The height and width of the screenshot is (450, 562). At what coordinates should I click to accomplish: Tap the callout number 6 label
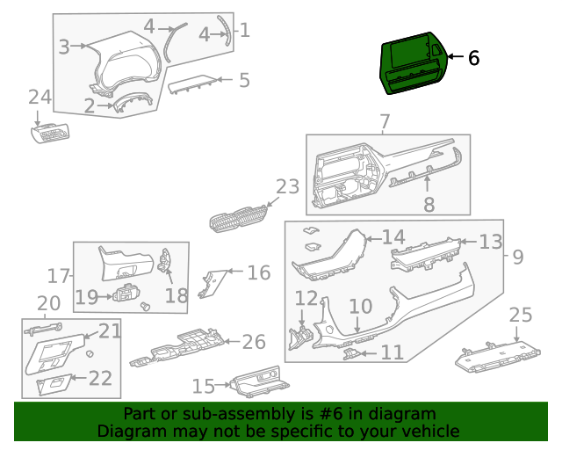click(x=473, y=58)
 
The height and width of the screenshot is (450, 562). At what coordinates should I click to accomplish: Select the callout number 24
click(x=40, y=96)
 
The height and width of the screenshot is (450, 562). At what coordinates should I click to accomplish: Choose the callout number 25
click(x=521, y=315)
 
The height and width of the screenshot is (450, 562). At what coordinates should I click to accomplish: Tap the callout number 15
click(x=203, y=386)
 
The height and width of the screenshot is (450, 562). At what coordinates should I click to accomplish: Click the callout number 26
click(x=253, y=341)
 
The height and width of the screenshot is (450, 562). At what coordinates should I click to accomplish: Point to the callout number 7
click(x=384, y=120)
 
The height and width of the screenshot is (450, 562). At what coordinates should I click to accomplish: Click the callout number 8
click(x=429, y=205)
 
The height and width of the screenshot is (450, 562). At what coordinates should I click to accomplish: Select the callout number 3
click(x=64, y=46)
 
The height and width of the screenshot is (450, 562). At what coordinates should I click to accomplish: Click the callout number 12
click(x=305, y=299)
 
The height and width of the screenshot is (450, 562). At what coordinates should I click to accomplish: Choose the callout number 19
click(x=86, y=297)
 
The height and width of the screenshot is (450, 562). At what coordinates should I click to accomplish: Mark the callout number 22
click(x=100, y=378)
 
